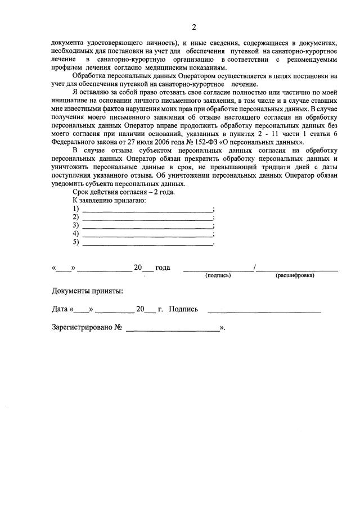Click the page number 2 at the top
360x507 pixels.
tap(194, 28)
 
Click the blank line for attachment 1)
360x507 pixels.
tap(147, 209)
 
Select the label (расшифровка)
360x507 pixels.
tap(295, 275)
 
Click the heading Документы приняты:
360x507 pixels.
tap(87, 291)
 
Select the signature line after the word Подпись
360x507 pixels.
tap(264, 309)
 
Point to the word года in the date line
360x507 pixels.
tap(162, 268)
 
